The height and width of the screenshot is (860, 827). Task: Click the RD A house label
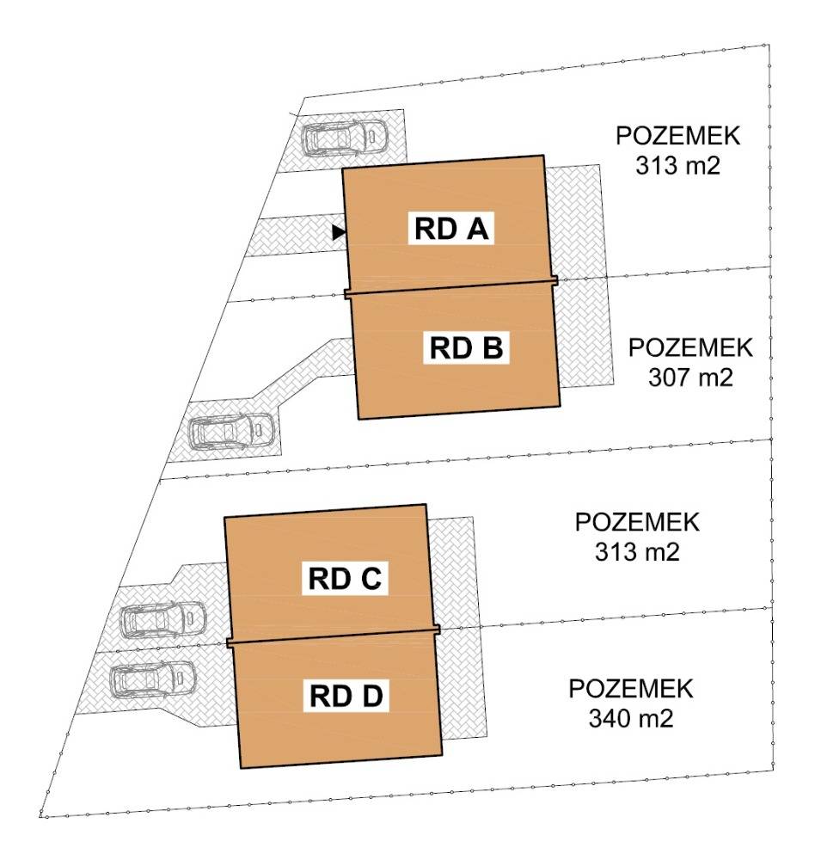451,229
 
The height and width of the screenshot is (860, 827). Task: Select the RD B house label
469,348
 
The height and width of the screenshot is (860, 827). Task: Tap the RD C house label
345,579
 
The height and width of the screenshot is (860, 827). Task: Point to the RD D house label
346,695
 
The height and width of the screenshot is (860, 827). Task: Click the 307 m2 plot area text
690,377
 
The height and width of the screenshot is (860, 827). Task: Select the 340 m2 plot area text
631,717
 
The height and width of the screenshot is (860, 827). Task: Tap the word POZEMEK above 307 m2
690,348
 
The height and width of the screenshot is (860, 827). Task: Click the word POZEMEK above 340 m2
631,689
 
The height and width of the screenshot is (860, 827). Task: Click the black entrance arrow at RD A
339,231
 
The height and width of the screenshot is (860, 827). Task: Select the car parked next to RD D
155,678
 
